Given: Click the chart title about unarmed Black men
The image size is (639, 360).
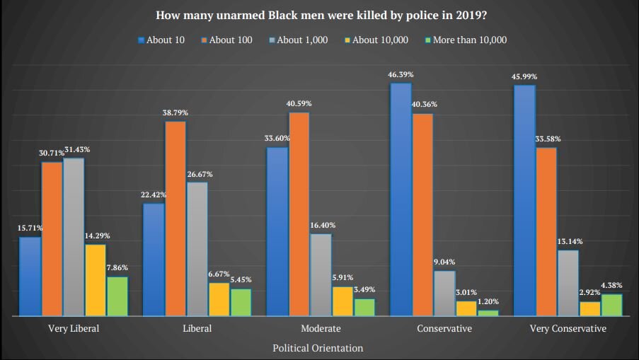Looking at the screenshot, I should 320,15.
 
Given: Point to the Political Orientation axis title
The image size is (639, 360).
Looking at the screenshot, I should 318,348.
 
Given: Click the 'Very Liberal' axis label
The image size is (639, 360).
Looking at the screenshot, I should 74,329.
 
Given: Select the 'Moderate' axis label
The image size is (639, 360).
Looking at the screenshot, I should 321,329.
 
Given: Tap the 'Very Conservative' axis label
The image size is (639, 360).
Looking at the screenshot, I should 568,329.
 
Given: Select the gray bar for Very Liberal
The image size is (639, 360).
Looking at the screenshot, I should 74,237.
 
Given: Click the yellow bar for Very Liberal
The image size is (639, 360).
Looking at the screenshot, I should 96,280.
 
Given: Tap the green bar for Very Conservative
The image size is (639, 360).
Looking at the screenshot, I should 611,305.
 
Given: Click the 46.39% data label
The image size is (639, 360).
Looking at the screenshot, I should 401,74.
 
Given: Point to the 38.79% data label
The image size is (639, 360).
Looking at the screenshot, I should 175,112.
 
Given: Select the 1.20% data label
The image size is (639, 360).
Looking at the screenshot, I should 488,301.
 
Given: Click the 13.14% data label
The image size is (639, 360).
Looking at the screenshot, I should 568,241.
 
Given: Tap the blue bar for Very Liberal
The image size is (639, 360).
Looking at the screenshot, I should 30,277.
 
